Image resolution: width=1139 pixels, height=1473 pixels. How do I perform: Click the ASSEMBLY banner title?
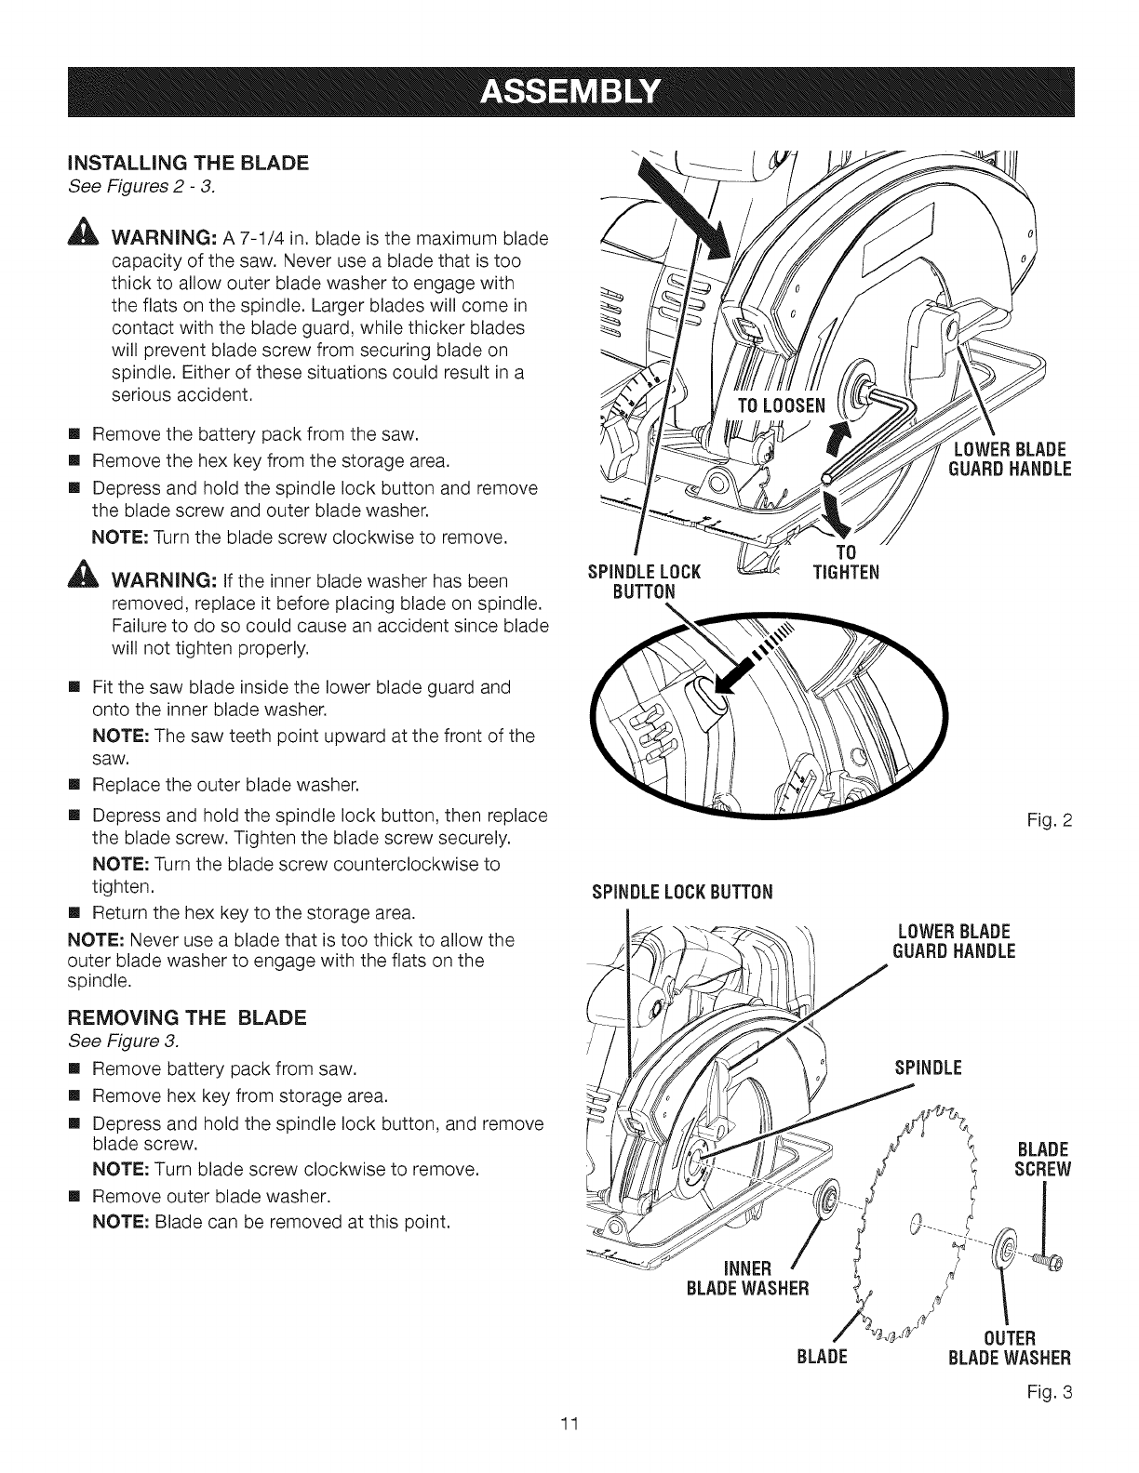[x=569, y=93]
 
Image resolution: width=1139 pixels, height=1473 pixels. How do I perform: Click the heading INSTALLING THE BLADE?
[x=189, y=164]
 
